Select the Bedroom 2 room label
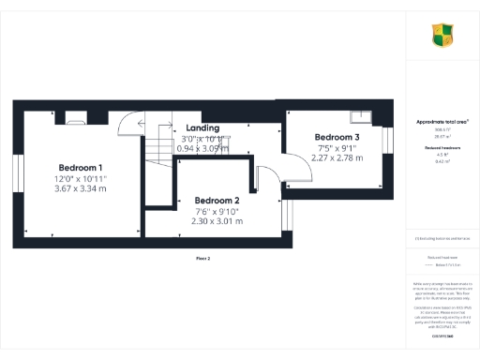[x=217, y=201]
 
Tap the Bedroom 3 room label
[x=337, y=137]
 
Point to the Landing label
[x=202, y=127]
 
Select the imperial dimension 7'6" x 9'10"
[x=217, y=211]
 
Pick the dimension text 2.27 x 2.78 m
[x=337, y=157]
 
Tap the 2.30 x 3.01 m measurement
[x=217, y=221]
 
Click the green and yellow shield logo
[x=442, y=36]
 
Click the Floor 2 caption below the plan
[x=202, y=257]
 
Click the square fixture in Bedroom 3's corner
[x=359, y=118]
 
